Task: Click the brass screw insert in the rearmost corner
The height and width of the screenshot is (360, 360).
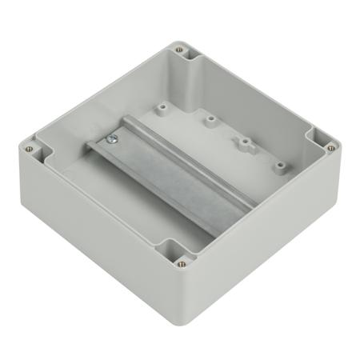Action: pos(179,50)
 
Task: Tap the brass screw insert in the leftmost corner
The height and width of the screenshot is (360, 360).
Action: pos(30,148)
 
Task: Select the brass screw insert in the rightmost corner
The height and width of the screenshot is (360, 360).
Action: pos(330,147)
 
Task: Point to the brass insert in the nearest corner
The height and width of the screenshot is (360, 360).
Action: pos(182,262)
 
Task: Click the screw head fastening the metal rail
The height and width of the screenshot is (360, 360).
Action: pos(112,140)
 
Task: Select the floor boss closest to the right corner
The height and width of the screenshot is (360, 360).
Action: pos(281,166)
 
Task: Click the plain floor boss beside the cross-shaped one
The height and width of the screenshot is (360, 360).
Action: pos(210,122)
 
